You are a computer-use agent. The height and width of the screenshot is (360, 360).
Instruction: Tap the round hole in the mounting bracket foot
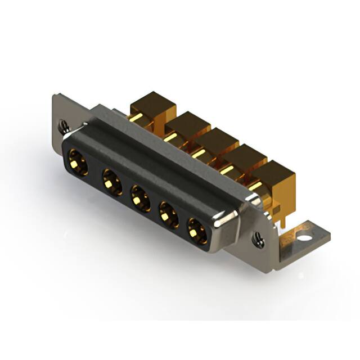coord(304,237)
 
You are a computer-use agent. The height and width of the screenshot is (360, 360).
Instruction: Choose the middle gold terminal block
coord(217,141)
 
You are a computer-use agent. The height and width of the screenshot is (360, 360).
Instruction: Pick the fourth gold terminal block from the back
coord(245,157)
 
